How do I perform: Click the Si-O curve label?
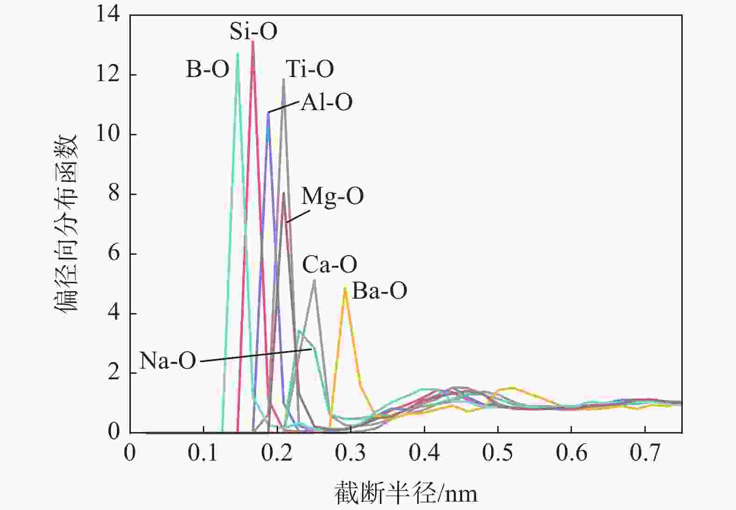click(253, 31)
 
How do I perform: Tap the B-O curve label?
click(207, 69)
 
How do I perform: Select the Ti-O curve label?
click(310, 69)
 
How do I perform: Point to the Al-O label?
click(326, 102)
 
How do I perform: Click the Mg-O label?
click(332, 196)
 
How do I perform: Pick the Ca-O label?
click(329, 265)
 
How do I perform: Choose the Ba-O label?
click(379, 291)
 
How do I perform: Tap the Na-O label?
click(168, 361)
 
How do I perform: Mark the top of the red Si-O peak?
click(253, 41)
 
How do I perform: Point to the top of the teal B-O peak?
click(237, 53)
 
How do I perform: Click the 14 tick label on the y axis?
click(107, 15)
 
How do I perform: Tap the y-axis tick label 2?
click(114, 372)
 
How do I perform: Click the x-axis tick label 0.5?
click(498, 453)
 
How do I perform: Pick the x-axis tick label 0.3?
click(350, 453)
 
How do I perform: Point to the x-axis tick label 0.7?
click(645, 453)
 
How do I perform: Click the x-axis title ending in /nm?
click(406, 494)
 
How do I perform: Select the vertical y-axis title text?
click(66, 224)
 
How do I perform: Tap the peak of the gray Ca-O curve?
click(314, 280)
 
